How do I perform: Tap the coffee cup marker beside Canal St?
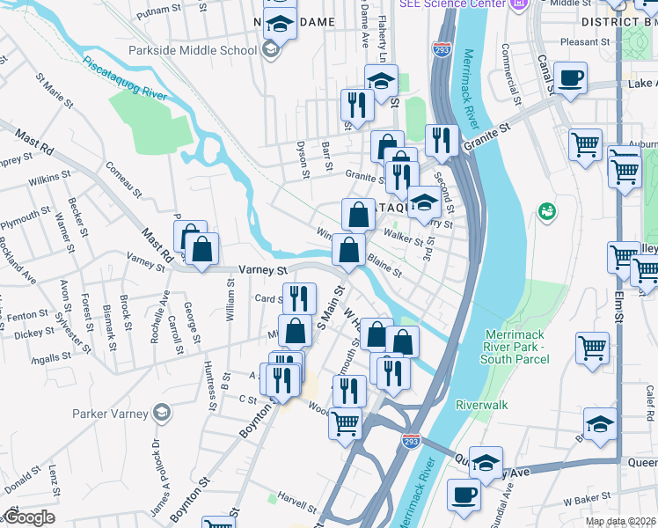[x=570, y=78]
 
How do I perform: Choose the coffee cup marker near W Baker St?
[x=464, y=495]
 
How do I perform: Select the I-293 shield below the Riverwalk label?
[x=411, y=437]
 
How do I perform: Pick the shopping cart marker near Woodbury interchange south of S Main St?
[x=345, y=423]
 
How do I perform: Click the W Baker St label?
[x=588, y=500]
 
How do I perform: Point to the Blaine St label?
[x=384, y=264]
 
